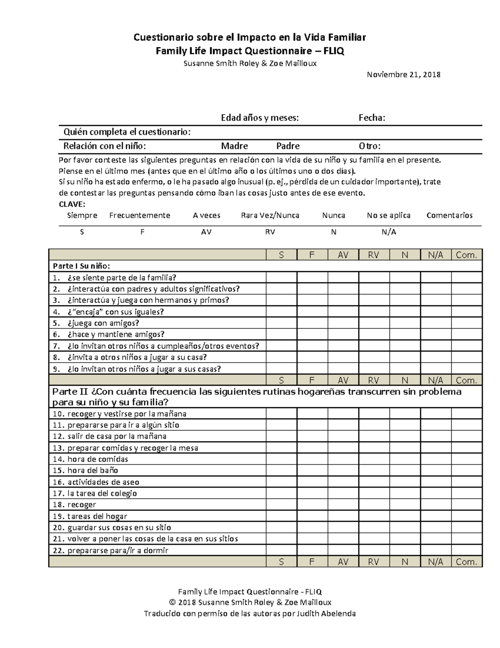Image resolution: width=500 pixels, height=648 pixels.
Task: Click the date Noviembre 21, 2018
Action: [x=403, y=75]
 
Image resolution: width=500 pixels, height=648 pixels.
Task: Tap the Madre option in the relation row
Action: [x=234, y=146]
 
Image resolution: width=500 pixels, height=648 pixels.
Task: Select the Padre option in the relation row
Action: [x=288, y=146]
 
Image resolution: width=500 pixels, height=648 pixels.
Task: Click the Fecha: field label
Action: [x=372, y=118]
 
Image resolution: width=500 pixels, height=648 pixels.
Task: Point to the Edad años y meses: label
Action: [x=260, y=118]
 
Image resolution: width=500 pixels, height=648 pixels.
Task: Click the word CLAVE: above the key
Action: [x=72, y=204]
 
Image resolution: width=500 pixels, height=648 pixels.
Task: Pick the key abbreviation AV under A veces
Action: [x=206, y=232]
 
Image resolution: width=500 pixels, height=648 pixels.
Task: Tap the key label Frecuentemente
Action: [x=140, y=215]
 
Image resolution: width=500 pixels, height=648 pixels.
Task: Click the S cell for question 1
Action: [x=281, y=277]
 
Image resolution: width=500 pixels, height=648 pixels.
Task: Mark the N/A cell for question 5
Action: [x=436, y=323]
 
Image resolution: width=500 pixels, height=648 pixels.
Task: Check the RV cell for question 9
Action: [x=374, y=368]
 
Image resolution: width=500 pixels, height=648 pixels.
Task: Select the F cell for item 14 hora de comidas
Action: [x=312, y=459]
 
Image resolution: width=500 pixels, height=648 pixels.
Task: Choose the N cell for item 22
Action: [x=405, y=550]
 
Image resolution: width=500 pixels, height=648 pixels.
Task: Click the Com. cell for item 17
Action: [x=467, y=493]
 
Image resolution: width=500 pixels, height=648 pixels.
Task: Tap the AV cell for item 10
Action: [x=343, y=414]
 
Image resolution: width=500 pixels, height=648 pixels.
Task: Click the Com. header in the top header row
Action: [x=467, y=255]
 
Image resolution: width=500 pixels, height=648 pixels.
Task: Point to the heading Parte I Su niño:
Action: [x=81, y=266]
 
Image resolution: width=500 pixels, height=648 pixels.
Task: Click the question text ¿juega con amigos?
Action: [x=103, y=323]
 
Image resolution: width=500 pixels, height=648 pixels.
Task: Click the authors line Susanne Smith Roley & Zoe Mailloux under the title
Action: [x=250, y=63]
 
